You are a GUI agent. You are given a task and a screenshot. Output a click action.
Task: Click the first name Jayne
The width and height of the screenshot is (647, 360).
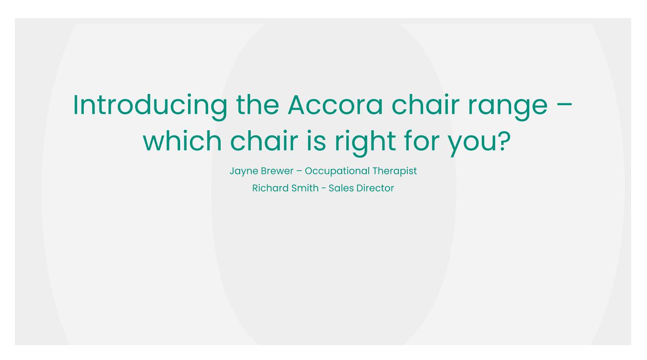point(243,172)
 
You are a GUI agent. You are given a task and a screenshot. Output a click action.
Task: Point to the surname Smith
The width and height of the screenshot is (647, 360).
point(305,188)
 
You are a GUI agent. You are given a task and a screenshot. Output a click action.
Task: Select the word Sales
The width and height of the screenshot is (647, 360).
point(341,188)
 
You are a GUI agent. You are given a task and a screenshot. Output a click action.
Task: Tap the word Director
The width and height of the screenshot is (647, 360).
point(376,188)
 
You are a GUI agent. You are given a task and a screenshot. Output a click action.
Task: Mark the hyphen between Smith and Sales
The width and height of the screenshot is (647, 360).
point(323,188)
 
